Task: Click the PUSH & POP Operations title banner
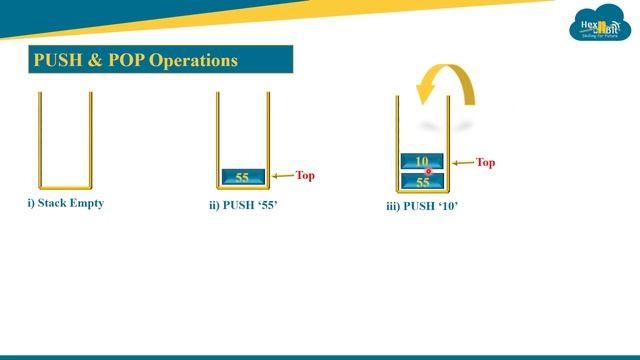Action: (x=160, y=60)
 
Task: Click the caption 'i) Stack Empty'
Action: (x=65, y=203)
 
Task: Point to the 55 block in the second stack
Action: (x=243, y=177)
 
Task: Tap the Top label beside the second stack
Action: (x=305, y=176)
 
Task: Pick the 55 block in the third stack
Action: (x=422, y=182)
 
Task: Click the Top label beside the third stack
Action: (x=485, y=162)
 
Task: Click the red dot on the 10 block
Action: (x=428, y=171)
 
